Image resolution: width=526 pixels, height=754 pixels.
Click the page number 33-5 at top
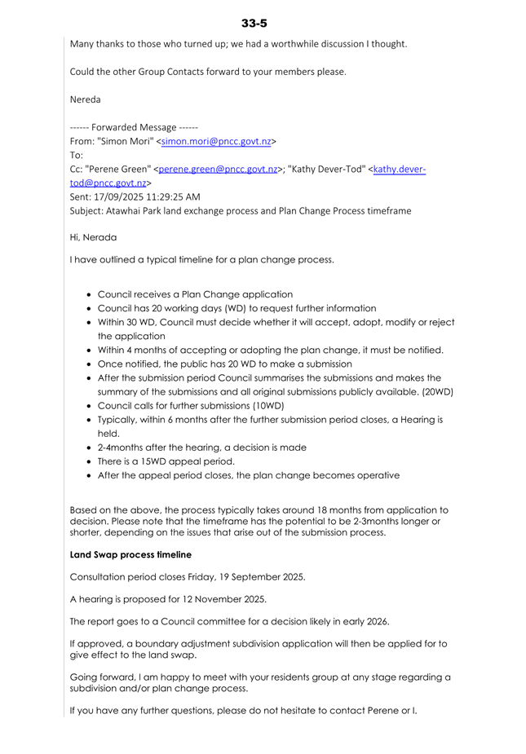[254, 23]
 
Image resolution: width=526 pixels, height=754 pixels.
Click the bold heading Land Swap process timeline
[130, 555]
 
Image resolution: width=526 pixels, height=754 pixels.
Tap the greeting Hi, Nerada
[93, 237]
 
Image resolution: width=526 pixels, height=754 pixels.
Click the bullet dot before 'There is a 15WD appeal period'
[88, 461]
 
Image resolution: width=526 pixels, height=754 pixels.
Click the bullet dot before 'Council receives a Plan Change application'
[88, 294]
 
